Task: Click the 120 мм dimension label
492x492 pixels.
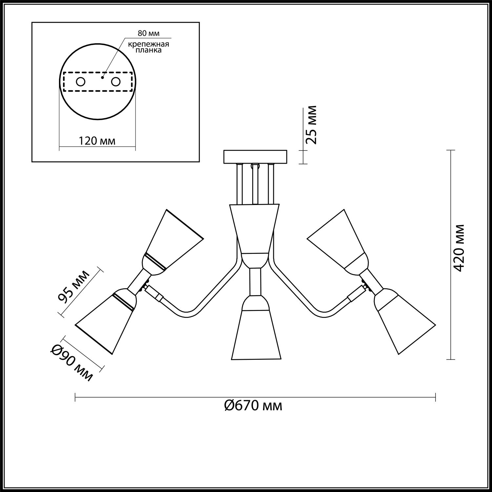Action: [x=97, y=141]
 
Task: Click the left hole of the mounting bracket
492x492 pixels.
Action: [x=81, y=82]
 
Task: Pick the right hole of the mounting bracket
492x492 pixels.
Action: [x=116, y=82]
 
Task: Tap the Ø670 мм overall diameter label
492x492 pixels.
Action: [x=253, y=406]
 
